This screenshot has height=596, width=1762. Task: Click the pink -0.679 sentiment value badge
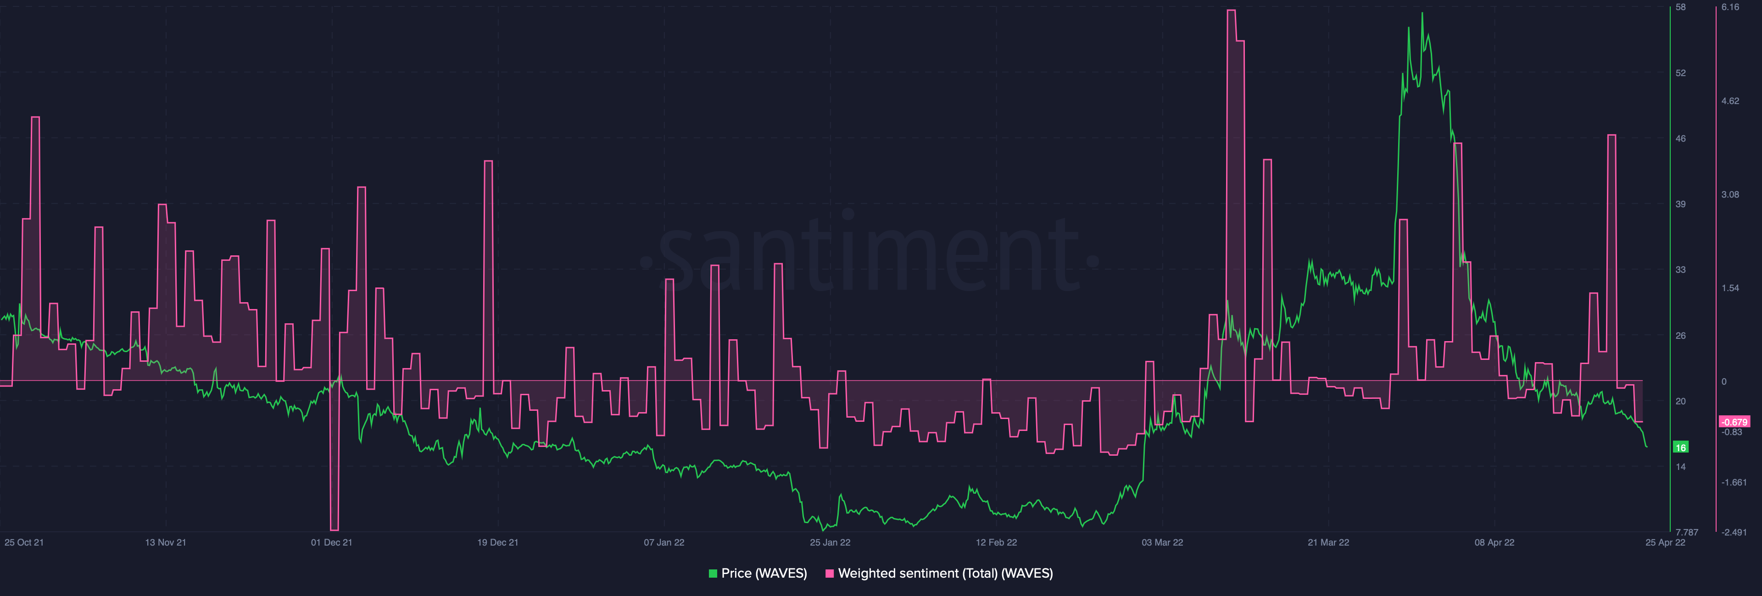(x=1734, y=422)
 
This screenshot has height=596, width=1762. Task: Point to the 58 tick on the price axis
(x=1681, y=7)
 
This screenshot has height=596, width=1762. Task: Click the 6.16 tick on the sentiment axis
(x=1730, y=7)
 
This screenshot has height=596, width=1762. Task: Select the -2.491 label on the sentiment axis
(x=1734, y=532)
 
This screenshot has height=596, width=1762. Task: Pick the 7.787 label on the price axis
(x=1686, y=532)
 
